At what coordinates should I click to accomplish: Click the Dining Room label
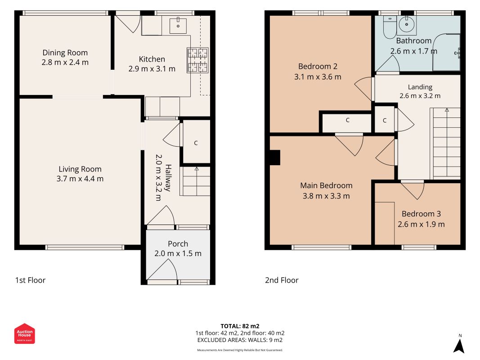pos(65,53)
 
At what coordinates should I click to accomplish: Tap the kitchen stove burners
pos(198,60)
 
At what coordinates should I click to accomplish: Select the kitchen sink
pos(178,25)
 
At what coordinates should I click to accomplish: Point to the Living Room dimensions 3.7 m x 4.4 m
pos(80,179)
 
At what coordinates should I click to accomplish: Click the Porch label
pos(178,243)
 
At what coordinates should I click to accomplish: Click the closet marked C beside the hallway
pos(196,142)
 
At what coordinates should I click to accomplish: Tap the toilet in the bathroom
pos(390,27)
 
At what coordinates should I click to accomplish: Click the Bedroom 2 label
pos(318,67)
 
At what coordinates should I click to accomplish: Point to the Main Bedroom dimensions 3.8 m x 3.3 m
pos(326,196)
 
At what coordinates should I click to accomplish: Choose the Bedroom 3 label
pos(421,214)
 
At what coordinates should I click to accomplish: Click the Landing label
pos(420,87)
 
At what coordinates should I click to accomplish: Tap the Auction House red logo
pos(24,333)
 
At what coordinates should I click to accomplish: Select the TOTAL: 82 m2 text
pos(240,326)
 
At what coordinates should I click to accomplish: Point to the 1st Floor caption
pos(30,280)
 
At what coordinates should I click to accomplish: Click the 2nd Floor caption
pos(282,280)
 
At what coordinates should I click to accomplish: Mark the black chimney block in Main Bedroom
pos(275,157)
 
